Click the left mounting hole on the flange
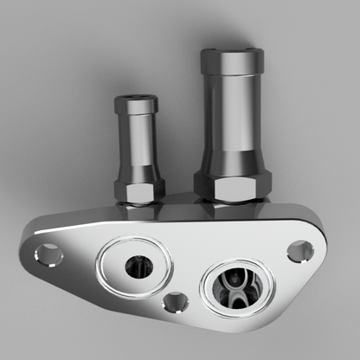pyautogui.click(x=48, y=254)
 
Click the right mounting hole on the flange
pyautogui.click(x=300, y=251)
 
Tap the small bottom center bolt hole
pyautogui.click(x=176, y=301)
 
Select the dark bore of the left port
pyautogui.click(x=137, y=266)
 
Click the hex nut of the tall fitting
pyautogui.click(x=232, y=184)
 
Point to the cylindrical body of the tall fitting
pyautogui.click(x=231, y=121)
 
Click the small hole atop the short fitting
pyautogui.click(x=135, y=97)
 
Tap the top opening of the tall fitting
pyautogui.click(x=232, y=51)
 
